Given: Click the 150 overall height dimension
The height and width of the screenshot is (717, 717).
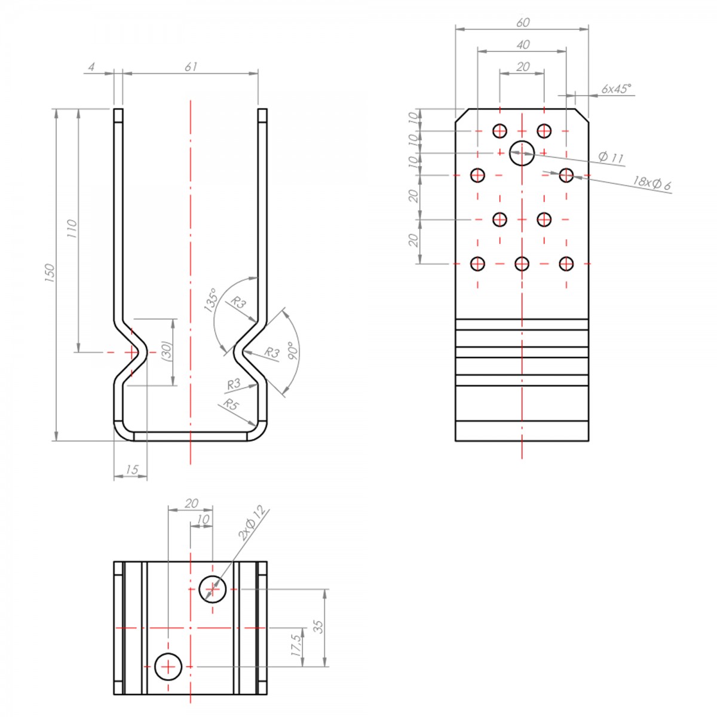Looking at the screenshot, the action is point(50,272).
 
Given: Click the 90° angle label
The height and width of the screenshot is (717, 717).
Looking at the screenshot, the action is point(293,351).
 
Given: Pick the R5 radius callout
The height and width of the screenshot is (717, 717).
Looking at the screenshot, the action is point(230,404).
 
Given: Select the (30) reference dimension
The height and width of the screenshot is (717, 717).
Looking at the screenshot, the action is point(167,350).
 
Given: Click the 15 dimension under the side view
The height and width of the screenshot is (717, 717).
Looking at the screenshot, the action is point(131,470).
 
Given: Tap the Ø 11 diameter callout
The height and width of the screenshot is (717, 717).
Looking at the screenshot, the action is point(611,157).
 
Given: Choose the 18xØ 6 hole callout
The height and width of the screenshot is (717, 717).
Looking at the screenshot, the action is point(652,183).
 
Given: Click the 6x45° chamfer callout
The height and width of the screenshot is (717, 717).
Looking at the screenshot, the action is point(617,88).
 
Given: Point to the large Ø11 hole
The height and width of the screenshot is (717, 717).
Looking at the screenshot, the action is point(522,153).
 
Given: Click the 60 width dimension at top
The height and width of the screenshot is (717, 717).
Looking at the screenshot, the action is point(523,23).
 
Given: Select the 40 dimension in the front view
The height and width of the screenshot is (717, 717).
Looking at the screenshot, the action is point(523,45).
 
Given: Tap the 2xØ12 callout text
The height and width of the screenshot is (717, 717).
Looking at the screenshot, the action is point(253,523).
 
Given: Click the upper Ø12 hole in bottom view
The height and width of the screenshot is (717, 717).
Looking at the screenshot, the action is point(213,589).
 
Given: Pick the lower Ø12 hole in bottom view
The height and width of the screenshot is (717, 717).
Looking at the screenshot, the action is point(168,666).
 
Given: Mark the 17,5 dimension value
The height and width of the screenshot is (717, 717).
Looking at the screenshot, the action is point(296,645).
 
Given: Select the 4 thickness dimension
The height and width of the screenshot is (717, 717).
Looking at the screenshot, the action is point(91,67).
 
